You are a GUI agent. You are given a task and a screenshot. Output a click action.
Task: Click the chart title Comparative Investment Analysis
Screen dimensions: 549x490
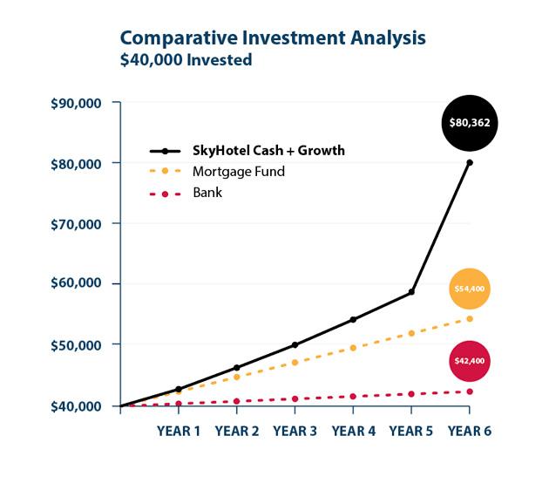click(x=273, y=38)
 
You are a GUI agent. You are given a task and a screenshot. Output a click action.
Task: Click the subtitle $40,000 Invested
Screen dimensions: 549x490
click(x=186, y=59)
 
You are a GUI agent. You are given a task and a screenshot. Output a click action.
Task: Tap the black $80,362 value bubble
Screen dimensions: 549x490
click(x=470, y=123)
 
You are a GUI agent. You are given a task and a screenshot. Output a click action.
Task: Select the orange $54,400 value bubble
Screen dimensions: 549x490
click(x=470, y=289)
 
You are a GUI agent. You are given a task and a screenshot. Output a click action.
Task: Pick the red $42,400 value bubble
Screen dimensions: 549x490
click(x=470, y=361)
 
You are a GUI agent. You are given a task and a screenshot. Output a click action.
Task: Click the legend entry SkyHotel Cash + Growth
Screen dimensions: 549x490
click(x=247, y=151)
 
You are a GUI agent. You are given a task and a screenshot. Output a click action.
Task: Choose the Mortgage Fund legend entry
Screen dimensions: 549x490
click(x=217, y=171)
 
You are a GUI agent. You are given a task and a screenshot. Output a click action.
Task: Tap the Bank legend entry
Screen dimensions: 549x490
click(x=186, y=193)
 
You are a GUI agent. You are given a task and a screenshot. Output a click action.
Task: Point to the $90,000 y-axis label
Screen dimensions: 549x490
click(x=76, y=104)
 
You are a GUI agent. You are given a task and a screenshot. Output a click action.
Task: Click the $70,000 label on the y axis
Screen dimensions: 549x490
click(x=76, y=224)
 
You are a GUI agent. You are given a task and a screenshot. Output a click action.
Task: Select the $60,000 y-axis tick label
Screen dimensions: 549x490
click(x=76, y=282)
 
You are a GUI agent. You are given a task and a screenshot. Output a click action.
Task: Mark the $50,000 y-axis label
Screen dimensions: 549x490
click(x=76, y=345)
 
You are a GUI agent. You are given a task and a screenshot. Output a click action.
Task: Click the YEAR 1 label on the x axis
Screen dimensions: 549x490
click(x=179, y=431)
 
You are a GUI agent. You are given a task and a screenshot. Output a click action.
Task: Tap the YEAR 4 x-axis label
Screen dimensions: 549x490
click(x=353, y=431)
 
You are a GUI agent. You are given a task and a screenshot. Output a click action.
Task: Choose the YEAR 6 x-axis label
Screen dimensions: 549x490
click(x=470, y=431)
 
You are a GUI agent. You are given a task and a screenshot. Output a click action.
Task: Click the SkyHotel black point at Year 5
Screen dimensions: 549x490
click(x=411, y=292)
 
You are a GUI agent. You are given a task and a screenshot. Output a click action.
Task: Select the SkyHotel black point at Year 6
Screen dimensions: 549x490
click(x=470, y=162)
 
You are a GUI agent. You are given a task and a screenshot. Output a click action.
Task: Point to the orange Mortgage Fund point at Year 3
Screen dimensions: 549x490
click(x=295, y=363)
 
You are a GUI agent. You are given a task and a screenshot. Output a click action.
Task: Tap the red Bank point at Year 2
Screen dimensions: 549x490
click(x=237, y=401)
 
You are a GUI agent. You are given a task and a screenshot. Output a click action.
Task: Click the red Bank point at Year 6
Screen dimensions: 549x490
click(x=470, y=391)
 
